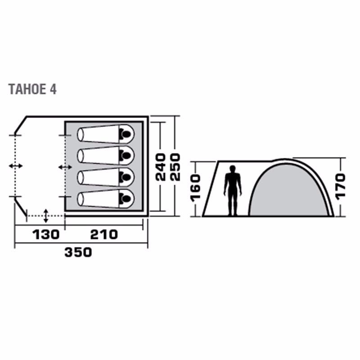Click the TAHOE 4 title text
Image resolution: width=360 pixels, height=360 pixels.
tap(32, 89)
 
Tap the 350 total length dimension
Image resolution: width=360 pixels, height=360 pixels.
tap(78, 252)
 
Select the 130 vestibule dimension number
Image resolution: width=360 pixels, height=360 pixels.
tap(46, 234)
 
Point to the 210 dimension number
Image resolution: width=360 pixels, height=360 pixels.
tap(104, 234)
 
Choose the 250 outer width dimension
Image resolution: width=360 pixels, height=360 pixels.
tap(175, 167)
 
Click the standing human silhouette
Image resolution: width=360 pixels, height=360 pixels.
tap(233, 190)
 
